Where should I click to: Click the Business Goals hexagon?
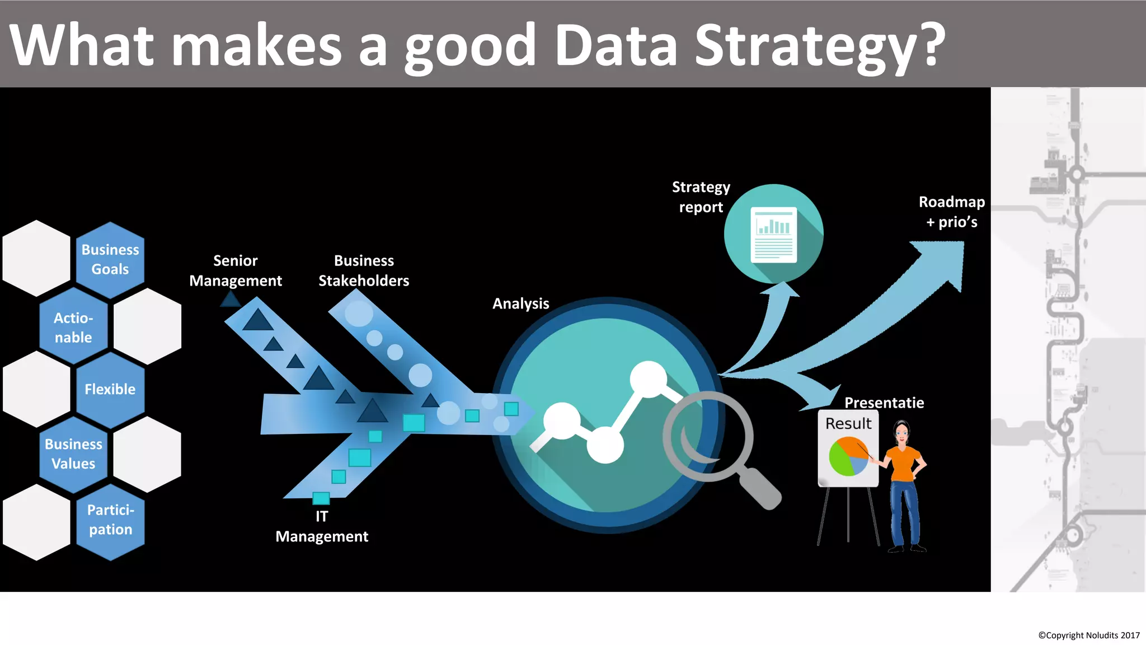click(x=110, y=260)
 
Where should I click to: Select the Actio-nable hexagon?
click(x=73, y=328)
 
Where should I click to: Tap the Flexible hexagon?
click(x=110, y=390)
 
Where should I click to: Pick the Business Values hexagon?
click(x=73, y=454)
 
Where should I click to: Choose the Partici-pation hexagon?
click(x=110, y=520)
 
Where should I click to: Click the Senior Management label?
click(x=236, y=270)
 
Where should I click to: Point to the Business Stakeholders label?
click(x=364, y=270)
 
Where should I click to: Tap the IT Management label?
click(x=322, y=526)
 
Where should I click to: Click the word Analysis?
click(x=520, y=303)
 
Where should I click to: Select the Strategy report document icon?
click(x=773, y=234)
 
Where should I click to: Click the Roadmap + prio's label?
click(x=951, y=212)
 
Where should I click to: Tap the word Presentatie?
click(x=884, y=403)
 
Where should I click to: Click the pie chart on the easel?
click(x=848, y=456)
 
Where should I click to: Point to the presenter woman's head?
click(x=901, y=432)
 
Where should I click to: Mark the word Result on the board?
click(x=848, y=423)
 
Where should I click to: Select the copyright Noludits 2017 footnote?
click(x=1088, y=635)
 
